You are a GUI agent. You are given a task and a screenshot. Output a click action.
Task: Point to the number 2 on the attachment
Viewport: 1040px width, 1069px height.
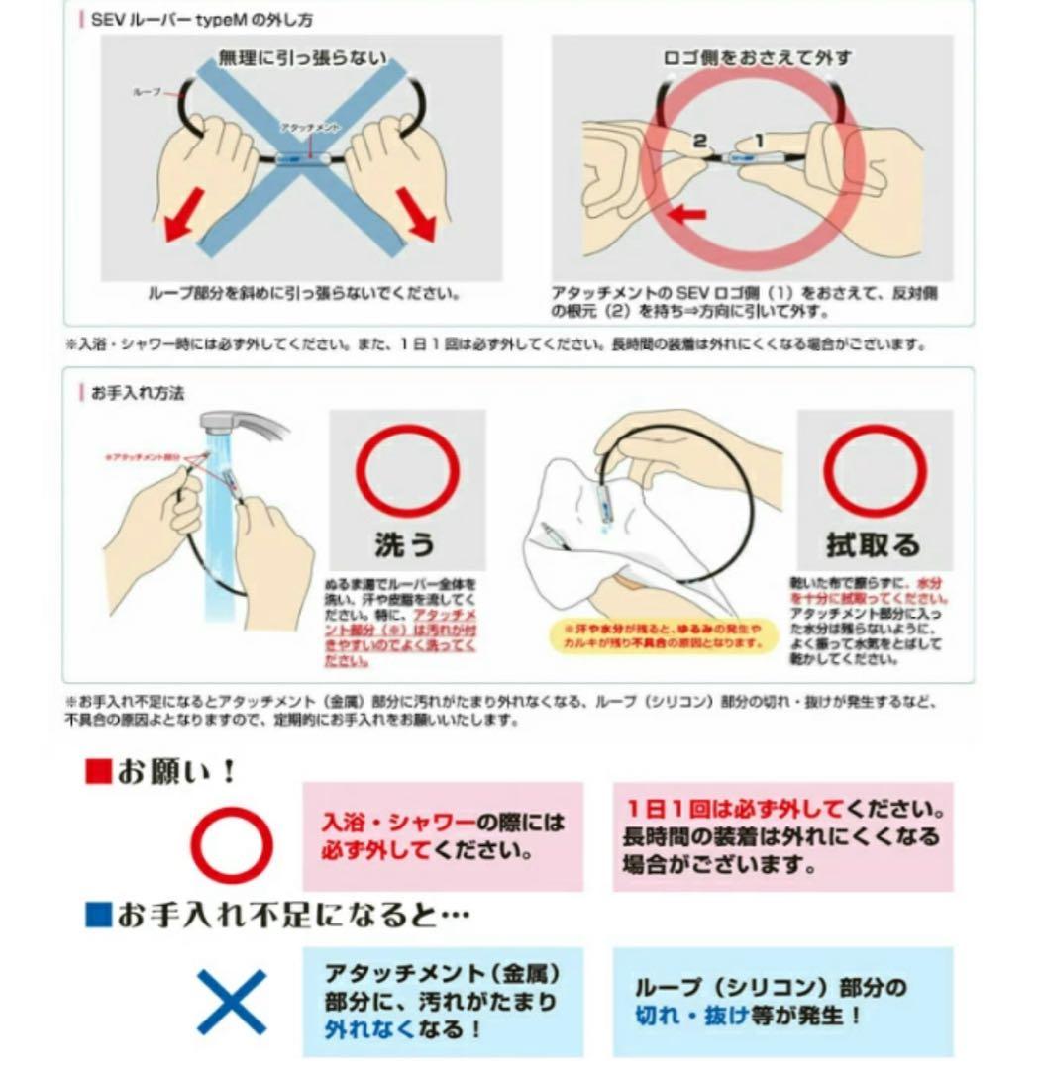click(x=699, y=142)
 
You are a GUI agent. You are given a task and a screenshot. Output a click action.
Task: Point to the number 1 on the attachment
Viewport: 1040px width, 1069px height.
click(x=759, y=142)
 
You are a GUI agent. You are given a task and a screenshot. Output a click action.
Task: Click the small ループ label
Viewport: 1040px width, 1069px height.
click(x=148, y=91)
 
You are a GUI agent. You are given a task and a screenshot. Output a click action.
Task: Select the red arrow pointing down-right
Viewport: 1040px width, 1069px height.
click(x=420, y=219)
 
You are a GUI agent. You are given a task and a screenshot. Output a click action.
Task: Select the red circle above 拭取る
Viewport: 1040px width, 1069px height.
click(x=875, y=471)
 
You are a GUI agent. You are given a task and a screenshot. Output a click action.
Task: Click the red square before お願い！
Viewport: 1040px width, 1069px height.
click(x=97, y=772)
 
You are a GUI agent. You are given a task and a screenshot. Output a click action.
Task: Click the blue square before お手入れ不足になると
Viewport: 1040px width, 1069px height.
click(x=97, y=916)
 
